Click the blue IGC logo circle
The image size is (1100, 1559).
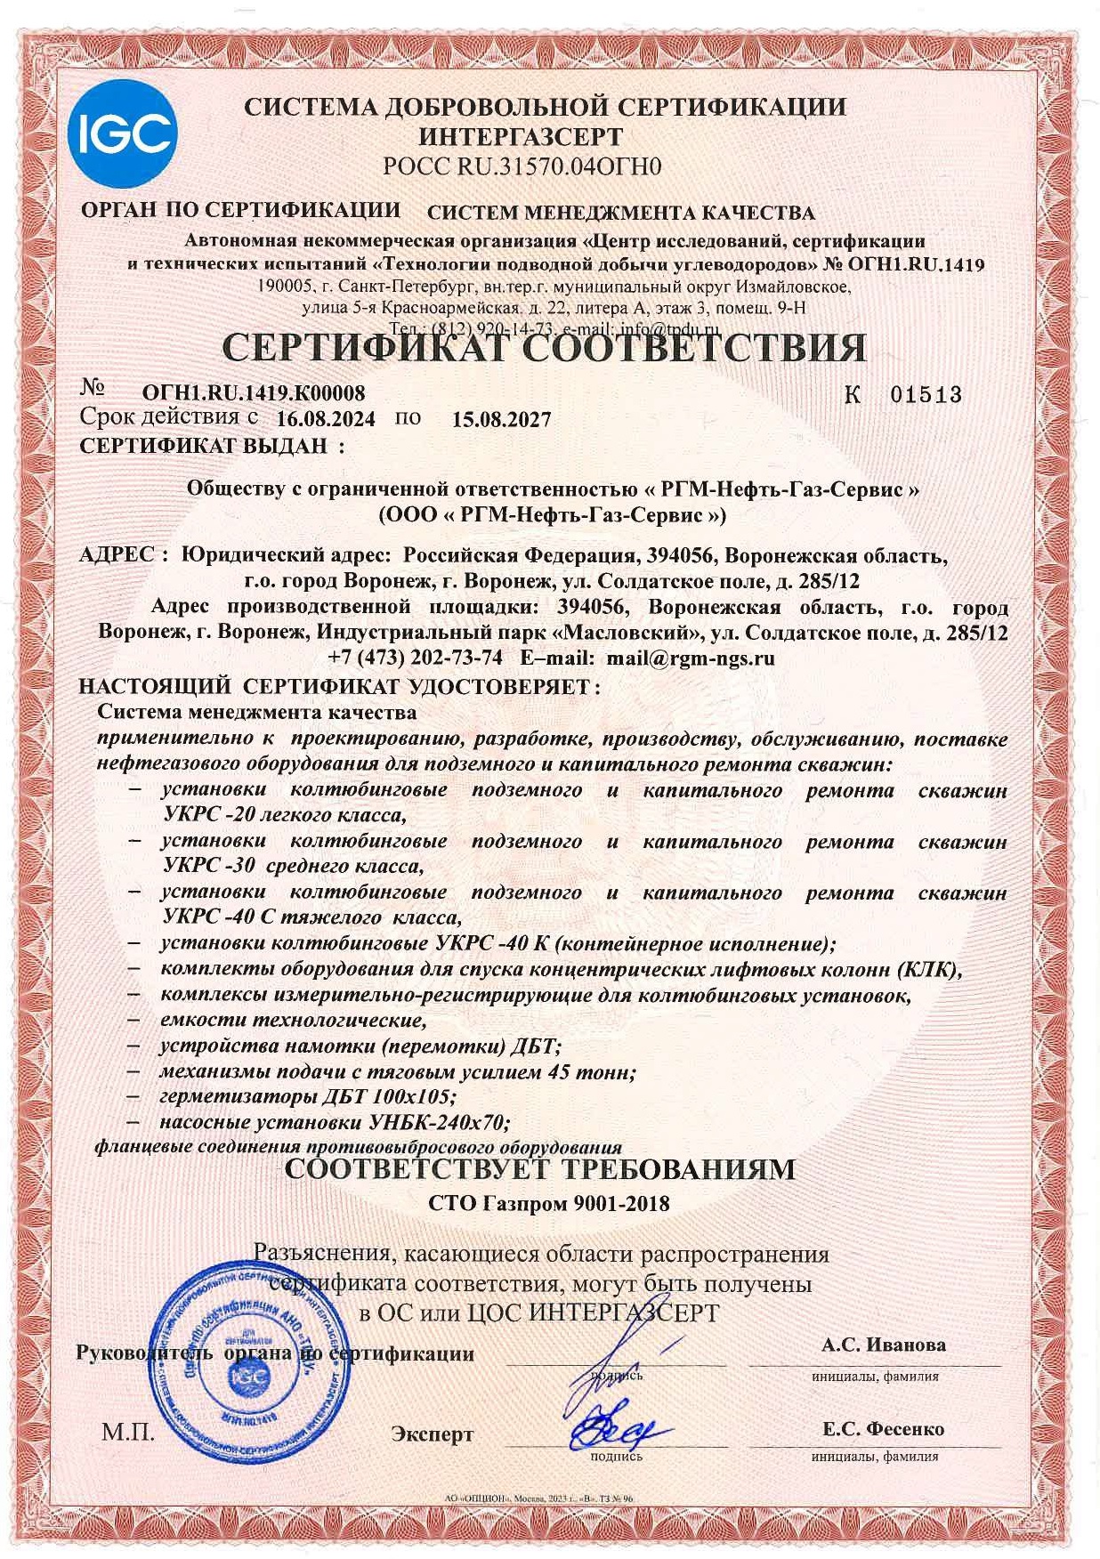coord(122,133)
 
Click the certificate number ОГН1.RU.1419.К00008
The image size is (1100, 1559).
coord(254,392)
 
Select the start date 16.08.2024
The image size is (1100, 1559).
coord(326,418)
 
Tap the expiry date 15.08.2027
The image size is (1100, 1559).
coord(501,419)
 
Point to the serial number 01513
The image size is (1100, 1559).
coord(926,394)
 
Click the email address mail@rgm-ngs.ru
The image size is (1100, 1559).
coord(691,658)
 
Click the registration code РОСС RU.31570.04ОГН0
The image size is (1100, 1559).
coord(522,166)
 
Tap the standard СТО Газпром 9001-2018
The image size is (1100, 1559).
coord(548,1204)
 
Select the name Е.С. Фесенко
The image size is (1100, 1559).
coord(883,1429)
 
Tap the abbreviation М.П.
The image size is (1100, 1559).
coord(128,1433)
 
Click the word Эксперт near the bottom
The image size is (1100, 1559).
coord(433,1434)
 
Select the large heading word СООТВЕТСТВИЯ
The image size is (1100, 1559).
coord(692,348)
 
